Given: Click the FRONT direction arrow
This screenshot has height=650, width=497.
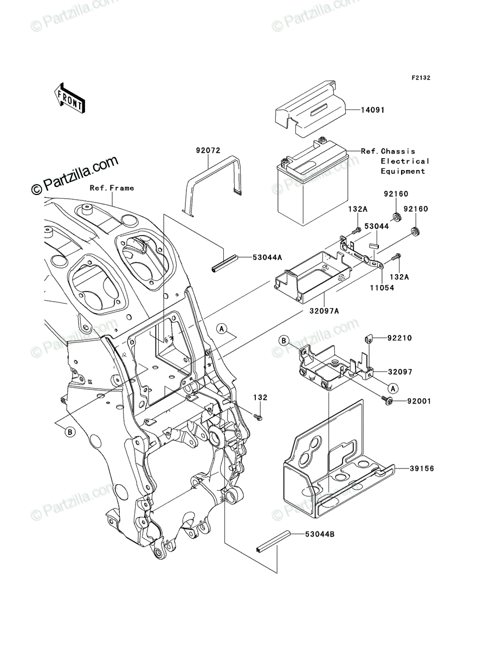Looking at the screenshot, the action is pos(69,99).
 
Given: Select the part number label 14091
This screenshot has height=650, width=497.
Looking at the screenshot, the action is pos(372,110).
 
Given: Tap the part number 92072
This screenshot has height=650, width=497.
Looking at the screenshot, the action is pos(208,151).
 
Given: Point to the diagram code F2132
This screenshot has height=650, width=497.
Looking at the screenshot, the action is pos(421,78).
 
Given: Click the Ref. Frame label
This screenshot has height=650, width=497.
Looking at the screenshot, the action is pos(112,188).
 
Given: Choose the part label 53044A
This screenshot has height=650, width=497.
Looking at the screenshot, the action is pos(267,258).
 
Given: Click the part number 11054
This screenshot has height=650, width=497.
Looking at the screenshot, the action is pos(382,287).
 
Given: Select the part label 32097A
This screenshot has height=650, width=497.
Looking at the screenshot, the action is pos(324,311).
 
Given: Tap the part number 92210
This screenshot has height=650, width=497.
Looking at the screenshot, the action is pos(399,338).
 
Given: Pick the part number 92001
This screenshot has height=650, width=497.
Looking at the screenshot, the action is pos(418,401).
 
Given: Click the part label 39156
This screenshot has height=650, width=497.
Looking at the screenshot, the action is pos(422,469).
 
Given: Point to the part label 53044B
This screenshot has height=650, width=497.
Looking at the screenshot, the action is pos(320,534).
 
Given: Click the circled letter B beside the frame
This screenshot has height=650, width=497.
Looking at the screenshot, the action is pos(70,432).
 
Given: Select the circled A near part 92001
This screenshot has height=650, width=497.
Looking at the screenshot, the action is pos(393,388).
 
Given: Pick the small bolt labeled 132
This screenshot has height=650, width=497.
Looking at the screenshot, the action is pos(259,417).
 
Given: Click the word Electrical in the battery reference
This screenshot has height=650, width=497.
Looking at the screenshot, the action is pos(405,161).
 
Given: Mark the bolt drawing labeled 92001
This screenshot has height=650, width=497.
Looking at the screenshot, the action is pos(388,400).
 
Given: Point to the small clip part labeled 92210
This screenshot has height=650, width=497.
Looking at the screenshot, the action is pos(367,338).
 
